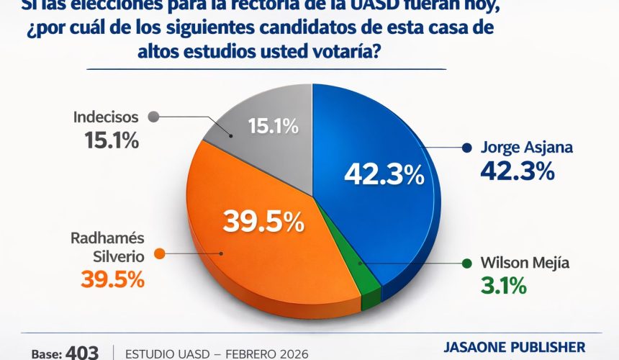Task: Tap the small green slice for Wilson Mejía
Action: pyautogui.click(x=369, y=284)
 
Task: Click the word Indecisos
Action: pyautogui.click(x=105, y=116)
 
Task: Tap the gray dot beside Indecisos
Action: pyautogui.click(x=152, y=116)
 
